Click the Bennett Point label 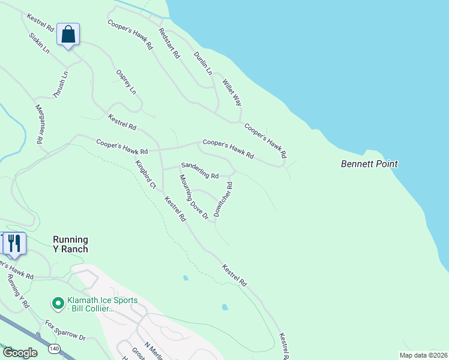click(x=369, y=163)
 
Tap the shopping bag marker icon click(x=68, y=34)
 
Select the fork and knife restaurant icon click(x=14, y=243)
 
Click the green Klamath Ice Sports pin click(x=58, y=304)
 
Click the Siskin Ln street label click(x=39, y=43)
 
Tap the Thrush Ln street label click(x=61, y=85)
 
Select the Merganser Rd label click(x=39, y=124)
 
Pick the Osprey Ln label click(x=126, y=81)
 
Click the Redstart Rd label click(x=169, y=43)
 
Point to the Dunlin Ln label click(x=203, y=62)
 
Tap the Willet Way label click(x=232, y=92)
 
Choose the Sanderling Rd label click(x=200, y=170)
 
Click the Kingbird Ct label click(x=146, y=175)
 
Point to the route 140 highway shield click(x=55, y=348)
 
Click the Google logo click(x=20, y=353)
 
